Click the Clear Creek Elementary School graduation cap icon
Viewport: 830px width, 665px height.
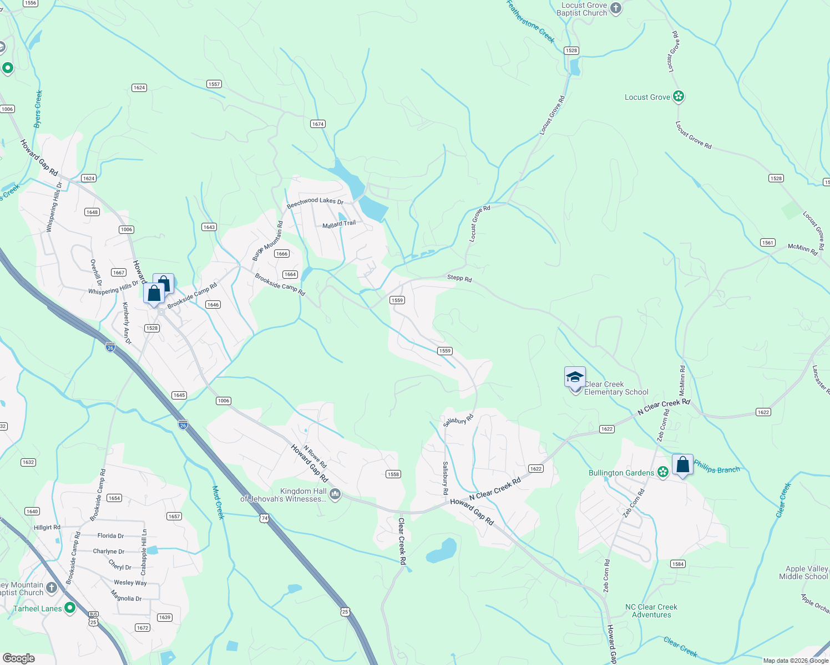pyautogui.click(x=575, y=377)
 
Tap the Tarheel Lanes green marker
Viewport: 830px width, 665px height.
pyautogui.click(x=70, y=608)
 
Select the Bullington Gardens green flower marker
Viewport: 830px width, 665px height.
pyautogui.click(x=662, y=472)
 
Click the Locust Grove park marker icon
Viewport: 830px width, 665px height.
pyautogui.click(x=678, y=96)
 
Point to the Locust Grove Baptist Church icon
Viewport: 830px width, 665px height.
pyautogui.click(x=615, y=8)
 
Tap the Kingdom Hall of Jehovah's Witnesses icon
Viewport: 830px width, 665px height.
pyautogui.click(x=335, y=494)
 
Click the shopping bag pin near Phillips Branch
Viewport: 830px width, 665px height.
pyautogui.click(x=682, y=464)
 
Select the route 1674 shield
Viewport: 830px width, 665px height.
pyautogui.click(x=318, y=124)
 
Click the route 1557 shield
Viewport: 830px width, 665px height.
pyautogui.click(x=214, y=84)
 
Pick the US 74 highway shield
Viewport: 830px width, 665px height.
pyautogui.click(x=264, y=518)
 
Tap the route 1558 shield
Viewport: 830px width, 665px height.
pyautogui.click(x=393, y=474)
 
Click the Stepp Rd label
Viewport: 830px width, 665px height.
pyautogui.click(x=459, y=278)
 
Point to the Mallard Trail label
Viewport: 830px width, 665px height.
pyautogui.click(x=339, y=224)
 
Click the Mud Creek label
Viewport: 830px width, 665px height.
pyautogui.click(x=219, y=503)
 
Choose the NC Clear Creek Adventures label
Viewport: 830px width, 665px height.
pyautogui.click(x=651, y=611)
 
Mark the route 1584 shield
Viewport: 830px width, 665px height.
pyautogui.click(x=678, y=564)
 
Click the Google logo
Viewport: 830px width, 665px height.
pyautogui.click(x=19, y=658)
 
